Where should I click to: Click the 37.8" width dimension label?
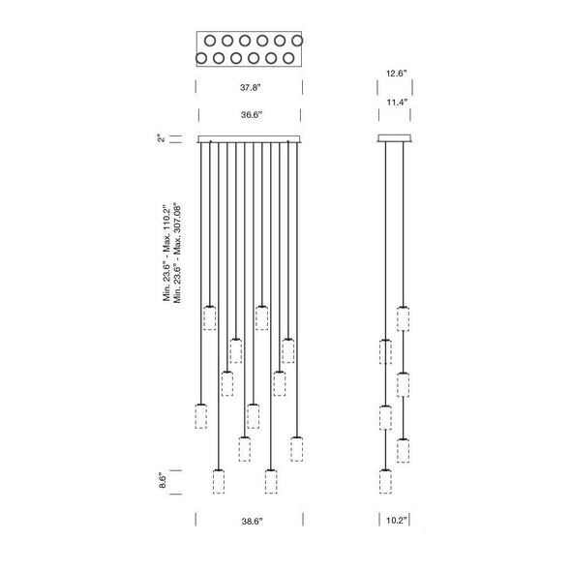tap(251, 87)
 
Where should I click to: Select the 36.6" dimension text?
tap(252, 115)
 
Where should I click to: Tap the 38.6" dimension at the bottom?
tap(252, 521)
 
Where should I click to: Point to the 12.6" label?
tap(396, 74)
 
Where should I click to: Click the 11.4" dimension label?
tap(397, 102)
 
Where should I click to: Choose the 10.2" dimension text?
tap(397, 521)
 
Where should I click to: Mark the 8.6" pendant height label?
tap(163, 480)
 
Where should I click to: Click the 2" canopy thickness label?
tap(161, 138)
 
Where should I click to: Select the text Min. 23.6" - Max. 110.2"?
tap(166, 253)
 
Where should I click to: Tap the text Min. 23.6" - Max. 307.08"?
tap(177, 253)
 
